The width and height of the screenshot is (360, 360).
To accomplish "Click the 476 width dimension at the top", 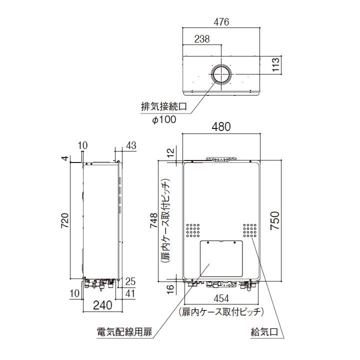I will (221, 22).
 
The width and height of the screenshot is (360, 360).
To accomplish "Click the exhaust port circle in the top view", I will (220, 74).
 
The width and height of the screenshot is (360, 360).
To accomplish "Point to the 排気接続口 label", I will (165, 107).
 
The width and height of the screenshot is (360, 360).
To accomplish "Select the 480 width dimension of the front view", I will (221, 127).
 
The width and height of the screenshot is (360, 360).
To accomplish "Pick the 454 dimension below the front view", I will (221, 299).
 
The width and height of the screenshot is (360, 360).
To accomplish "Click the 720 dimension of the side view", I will (64, 220).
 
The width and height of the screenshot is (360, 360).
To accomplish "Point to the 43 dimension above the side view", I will (131, 145).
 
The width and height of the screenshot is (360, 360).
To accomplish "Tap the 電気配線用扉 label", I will (126, 331).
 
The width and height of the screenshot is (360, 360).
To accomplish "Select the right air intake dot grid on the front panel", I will (250, 229).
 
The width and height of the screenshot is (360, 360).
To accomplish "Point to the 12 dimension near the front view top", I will (169, 151).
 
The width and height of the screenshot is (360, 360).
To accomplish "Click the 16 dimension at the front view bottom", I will (169, 288).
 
